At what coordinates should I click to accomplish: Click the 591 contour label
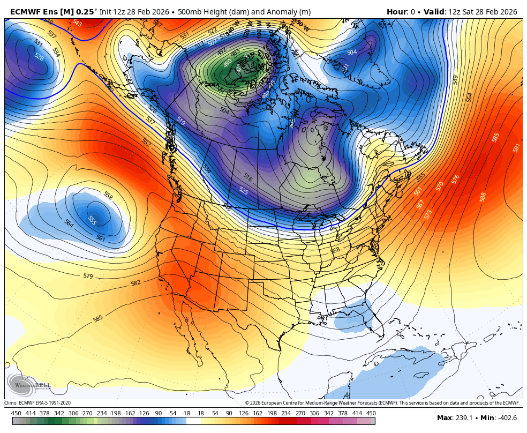[516, 147]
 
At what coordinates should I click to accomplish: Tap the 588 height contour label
[483, 197]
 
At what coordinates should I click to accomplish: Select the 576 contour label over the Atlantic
[455, 179]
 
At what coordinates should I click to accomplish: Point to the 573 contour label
[428, 214]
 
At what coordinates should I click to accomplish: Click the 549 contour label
[455, 79]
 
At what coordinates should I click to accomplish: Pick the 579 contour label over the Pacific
[88, 276]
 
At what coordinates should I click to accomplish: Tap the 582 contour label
[135, 283]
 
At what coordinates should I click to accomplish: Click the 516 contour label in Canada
[247, 177]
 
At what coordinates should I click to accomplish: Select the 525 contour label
[244, 190]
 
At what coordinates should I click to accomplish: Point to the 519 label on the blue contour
[181, 122]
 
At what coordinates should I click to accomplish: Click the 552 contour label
[146, 142]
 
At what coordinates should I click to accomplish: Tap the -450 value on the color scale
[16, 413]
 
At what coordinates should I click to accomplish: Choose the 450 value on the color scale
[371, 413]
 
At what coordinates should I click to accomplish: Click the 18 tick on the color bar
[201, 413]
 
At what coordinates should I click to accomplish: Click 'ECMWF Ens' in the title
[33, 12]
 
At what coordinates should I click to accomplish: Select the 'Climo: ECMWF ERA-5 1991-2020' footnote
[37, 403]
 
